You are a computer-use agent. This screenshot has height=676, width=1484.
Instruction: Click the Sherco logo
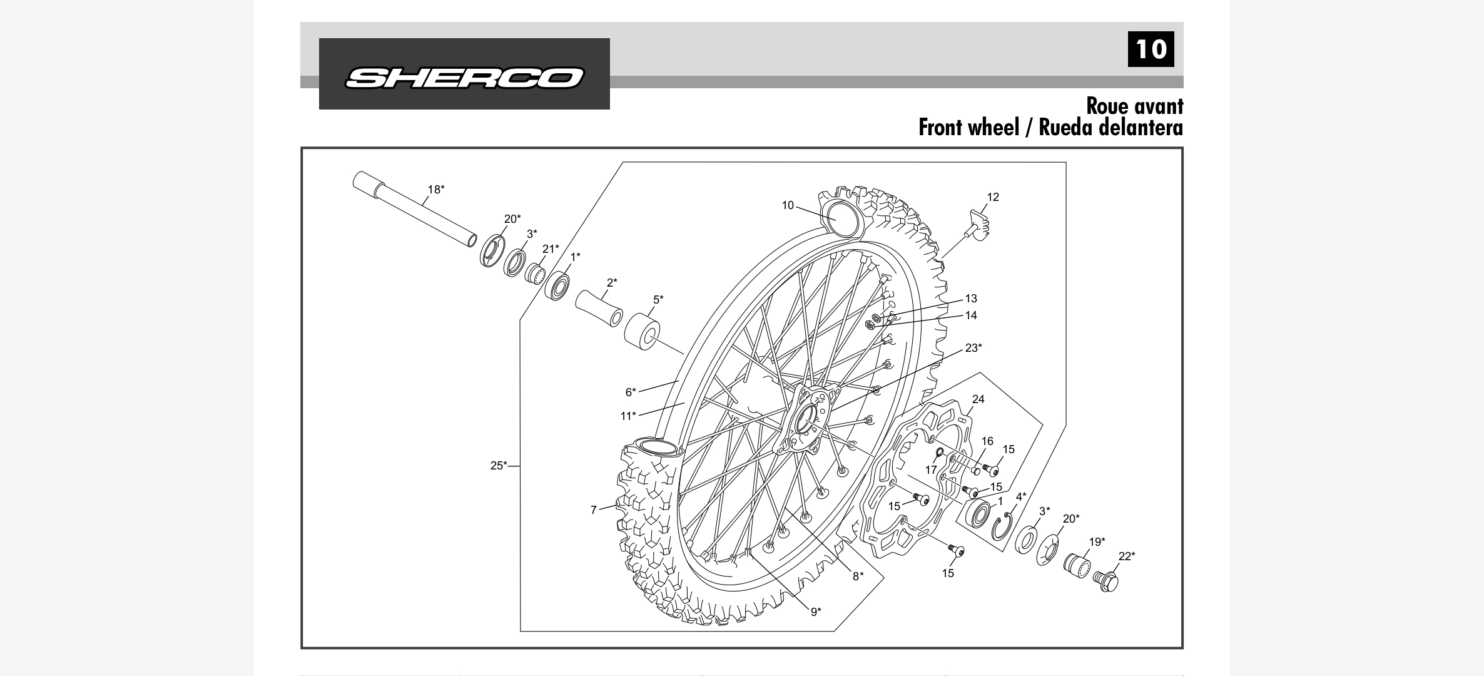click(x=464, y=77)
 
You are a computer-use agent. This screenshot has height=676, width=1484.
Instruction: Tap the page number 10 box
click(x=1151, y=49)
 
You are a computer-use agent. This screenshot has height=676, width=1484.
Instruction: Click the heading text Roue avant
click(x=1134, y=106)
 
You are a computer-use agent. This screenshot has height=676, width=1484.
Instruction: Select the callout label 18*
click(x=436, y=189)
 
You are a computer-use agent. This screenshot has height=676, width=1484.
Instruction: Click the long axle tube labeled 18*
click(x=413, y=209)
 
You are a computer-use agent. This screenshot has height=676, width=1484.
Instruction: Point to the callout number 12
click(x=993, y=197)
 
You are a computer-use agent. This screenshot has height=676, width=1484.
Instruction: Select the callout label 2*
click(x=611, y=282)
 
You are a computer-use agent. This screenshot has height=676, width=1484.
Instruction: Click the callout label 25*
click(x=499, y=466)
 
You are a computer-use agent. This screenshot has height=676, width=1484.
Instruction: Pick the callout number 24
click(x=978, y=399)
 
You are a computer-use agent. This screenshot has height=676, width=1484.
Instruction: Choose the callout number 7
click(x=594, y=510)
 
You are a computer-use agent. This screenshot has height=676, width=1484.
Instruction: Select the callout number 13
click(x=971, y=299)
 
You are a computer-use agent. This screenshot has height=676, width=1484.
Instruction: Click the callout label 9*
click(x=816, y=612)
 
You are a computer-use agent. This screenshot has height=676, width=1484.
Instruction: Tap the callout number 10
click(x=788, y=205)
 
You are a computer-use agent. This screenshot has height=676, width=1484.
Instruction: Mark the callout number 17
click(x=931, y=469)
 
